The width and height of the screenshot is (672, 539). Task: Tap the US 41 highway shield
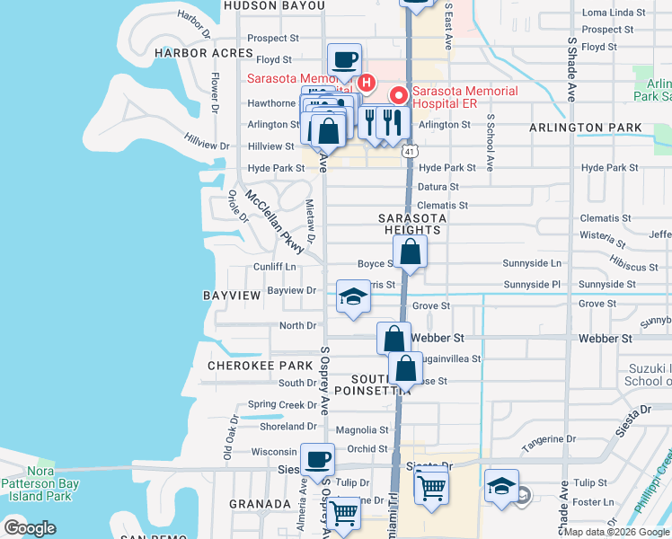point(409,154)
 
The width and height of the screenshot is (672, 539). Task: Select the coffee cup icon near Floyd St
point(345,61)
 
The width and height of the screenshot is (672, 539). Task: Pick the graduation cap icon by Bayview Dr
point(354,298)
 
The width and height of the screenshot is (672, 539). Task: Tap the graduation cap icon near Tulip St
point(501,487)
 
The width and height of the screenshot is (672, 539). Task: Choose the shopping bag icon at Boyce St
point(410,254)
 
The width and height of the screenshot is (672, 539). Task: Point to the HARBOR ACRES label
point(204,54)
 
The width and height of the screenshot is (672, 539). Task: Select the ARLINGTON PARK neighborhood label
point(597,128)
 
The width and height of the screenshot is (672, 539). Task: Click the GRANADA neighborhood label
point(260,504)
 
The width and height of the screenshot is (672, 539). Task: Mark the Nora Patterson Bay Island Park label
point(40,484)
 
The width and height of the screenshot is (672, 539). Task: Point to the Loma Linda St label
point(615,13)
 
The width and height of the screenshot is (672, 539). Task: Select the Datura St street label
point(438,187)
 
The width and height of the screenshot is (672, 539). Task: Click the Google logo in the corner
point(30,527)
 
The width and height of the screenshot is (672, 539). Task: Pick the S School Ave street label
point(491,143)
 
